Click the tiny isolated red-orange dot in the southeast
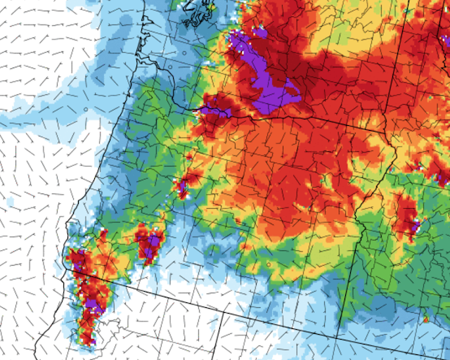click(x=425, y=320)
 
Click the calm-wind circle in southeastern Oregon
click(x=268, y=264)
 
